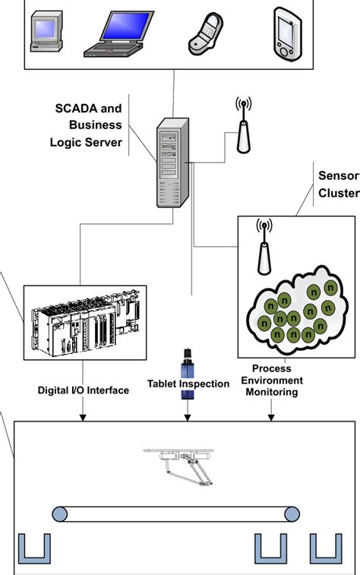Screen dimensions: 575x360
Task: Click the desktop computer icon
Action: coord(45,34)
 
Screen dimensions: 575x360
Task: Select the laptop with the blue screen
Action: coord(113,33)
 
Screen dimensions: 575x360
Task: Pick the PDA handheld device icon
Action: coord(285,34)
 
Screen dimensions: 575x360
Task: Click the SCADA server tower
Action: coord(172,163)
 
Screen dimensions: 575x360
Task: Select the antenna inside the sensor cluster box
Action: coord(264,247)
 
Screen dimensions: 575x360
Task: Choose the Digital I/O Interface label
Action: coord(84,390)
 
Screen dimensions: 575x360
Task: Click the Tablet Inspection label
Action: coord(189,384)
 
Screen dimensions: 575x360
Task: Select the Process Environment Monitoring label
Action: coord(271,381)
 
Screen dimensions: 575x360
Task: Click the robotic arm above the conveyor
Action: coord(182,463)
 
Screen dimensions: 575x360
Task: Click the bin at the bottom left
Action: coord(34,548)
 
